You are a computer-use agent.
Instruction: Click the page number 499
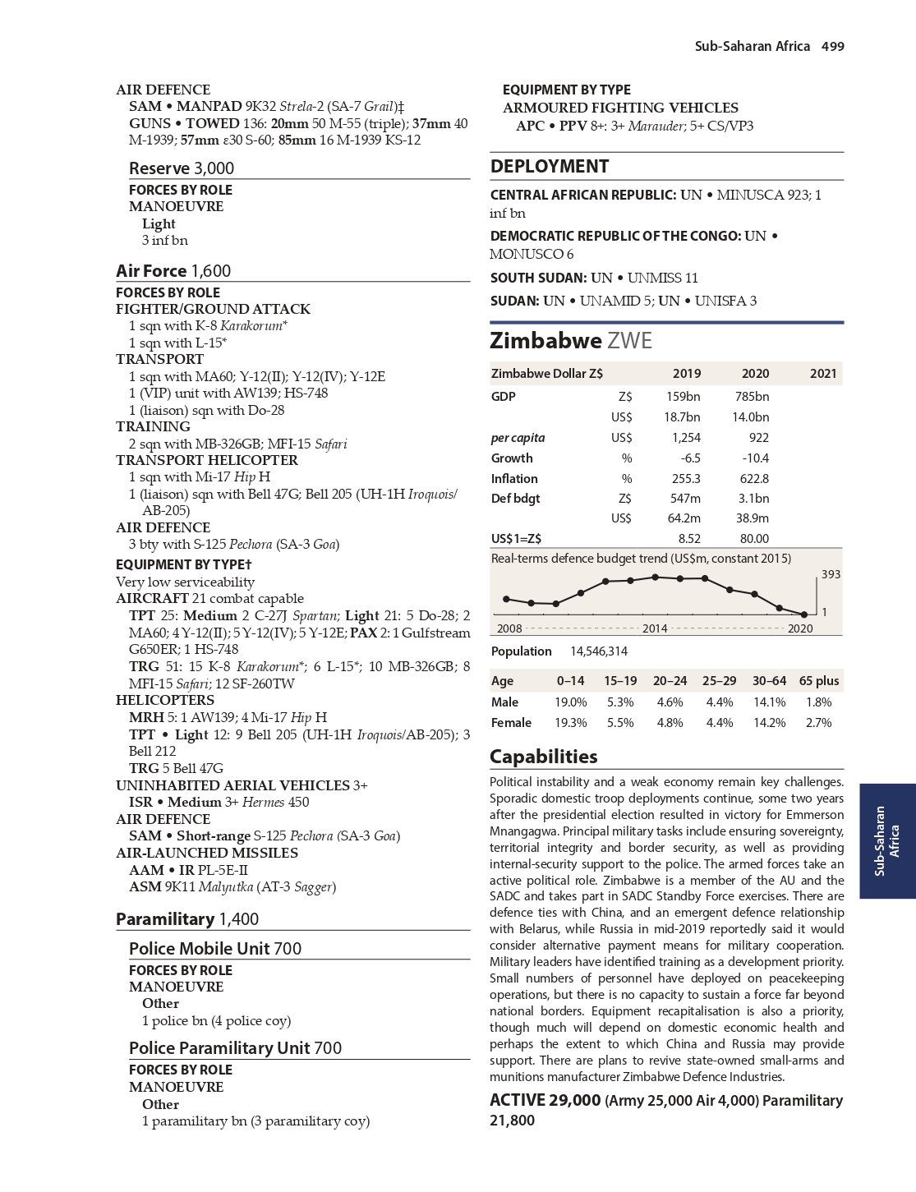(832, 46)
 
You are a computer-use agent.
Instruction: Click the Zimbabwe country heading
(570, 340)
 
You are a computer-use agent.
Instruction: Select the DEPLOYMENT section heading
(549, 166)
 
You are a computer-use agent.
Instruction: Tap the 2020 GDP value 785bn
(752, 396)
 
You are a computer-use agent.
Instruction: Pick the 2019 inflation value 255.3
(685, 478)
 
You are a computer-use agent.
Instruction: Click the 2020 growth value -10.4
(755, 458)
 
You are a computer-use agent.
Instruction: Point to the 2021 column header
(822, 373)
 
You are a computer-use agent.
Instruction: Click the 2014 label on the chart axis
(654, 628)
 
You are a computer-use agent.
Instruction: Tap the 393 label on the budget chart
(831, 574)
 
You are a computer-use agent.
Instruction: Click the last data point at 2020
(804, 614)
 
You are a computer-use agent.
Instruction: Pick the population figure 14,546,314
(598, 651)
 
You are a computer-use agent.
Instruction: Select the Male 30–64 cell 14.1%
(769, 702)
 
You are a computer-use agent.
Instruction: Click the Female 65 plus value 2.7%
(818, 722)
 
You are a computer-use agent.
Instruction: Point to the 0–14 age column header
(570, 680)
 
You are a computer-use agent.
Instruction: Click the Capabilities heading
(543, 756)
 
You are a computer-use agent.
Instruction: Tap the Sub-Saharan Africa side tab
(887, 840)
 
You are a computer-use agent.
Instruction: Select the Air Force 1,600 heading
(173, 270)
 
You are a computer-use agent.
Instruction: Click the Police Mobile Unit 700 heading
(214, 948)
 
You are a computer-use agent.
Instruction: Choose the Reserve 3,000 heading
(181, 168)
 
